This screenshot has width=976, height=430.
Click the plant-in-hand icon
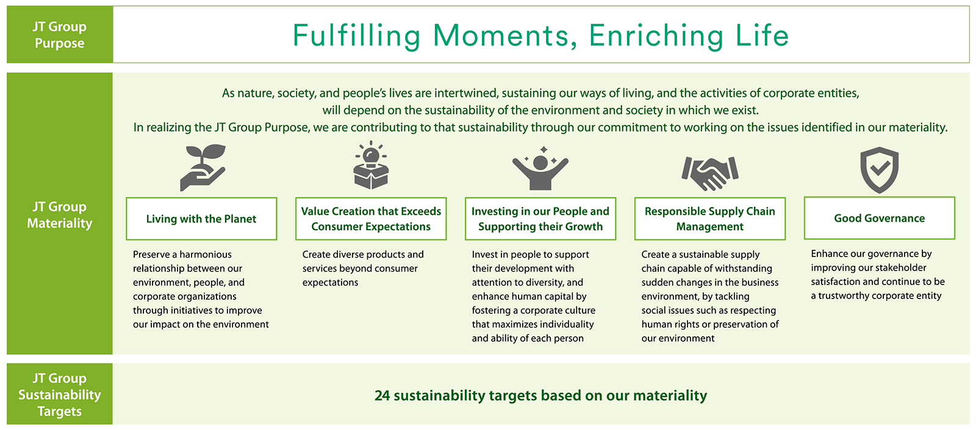(203, 167)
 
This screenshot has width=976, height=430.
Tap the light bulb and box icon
(371, 166)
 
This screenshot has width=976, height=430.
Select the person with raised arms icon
(540, 168)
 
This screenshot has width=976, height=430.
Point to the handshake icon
(710, 173)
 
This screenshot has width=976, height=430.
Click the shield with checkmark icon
(879, 170)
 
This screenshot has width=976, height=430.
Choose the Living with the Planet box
(201, 219)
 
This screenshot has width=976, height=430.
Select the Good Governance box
(879, 218)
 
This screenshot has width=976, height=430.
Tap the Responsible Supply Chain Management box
(710, 219)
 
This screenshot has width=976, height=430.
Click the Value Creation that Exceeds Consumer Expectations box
(371, 219)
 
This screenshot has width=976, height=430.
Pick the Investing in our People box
(540, 219)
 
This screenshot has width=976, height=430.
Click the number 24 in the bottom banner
(382, 395)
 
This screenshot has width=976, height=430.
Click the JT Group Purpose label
(60, 35)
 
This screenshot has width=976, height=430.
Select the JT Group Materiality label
(60, 214)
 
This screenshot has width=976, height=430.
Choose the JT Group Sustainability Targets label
(60, 394)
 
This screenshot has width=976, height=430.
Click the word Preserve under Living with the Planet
(152, 254)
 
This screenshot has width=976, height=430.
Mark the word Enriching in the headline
(656, 36)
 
